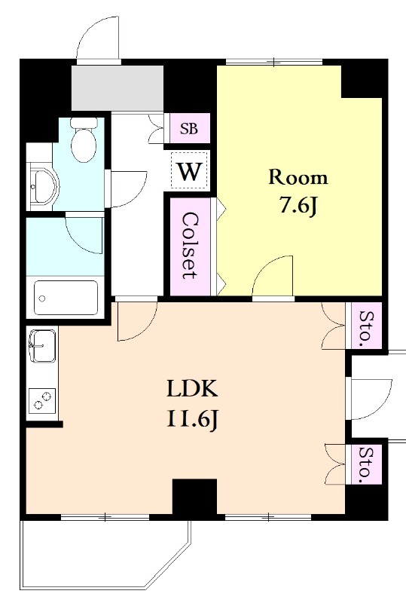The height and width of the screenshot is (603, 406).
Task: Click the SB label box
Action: pyautogui.click(x=190, y=128)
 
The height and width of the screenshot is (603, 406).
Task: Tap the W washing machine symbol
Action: pyautogui.click(x=190, y=171)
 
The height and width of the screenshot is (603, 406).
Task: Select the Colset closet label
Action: pyautogui.click(x=191, y=246)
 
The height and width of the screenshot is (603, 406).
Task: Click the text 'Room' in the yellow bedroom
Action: pyautogui.click(x=298, y=178)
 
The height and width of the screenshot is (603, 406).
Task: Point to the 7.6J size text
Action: pyautogui.click(x=299, y=207)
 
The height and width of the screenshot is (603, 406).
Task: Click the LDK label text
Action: pyautogui.click(x=192, y=389)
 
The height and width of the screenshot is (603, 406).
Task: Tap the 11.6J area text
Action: pyautogui.click(x=193, y=419)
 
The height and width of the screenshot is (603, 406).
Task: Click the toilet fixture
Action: pyautogui.click(x=84, y=140)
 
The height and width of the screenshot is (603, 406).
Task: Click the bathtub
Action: pyautogui.click(x=66, y=298)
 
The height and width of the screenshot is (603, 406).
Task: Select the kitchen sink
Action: pyautogui.click(x=42, y=346)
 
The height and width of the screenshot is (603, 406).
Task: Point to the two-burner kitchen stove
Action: pyautogui.click(x=42, y=400)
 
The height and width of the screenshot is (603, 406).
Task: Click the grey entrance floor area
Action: pyautogui.click(x=118, y=87)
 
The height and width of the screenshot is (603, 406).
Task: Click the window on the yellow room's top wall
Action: pyautogui.click(x=273, y=62)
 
